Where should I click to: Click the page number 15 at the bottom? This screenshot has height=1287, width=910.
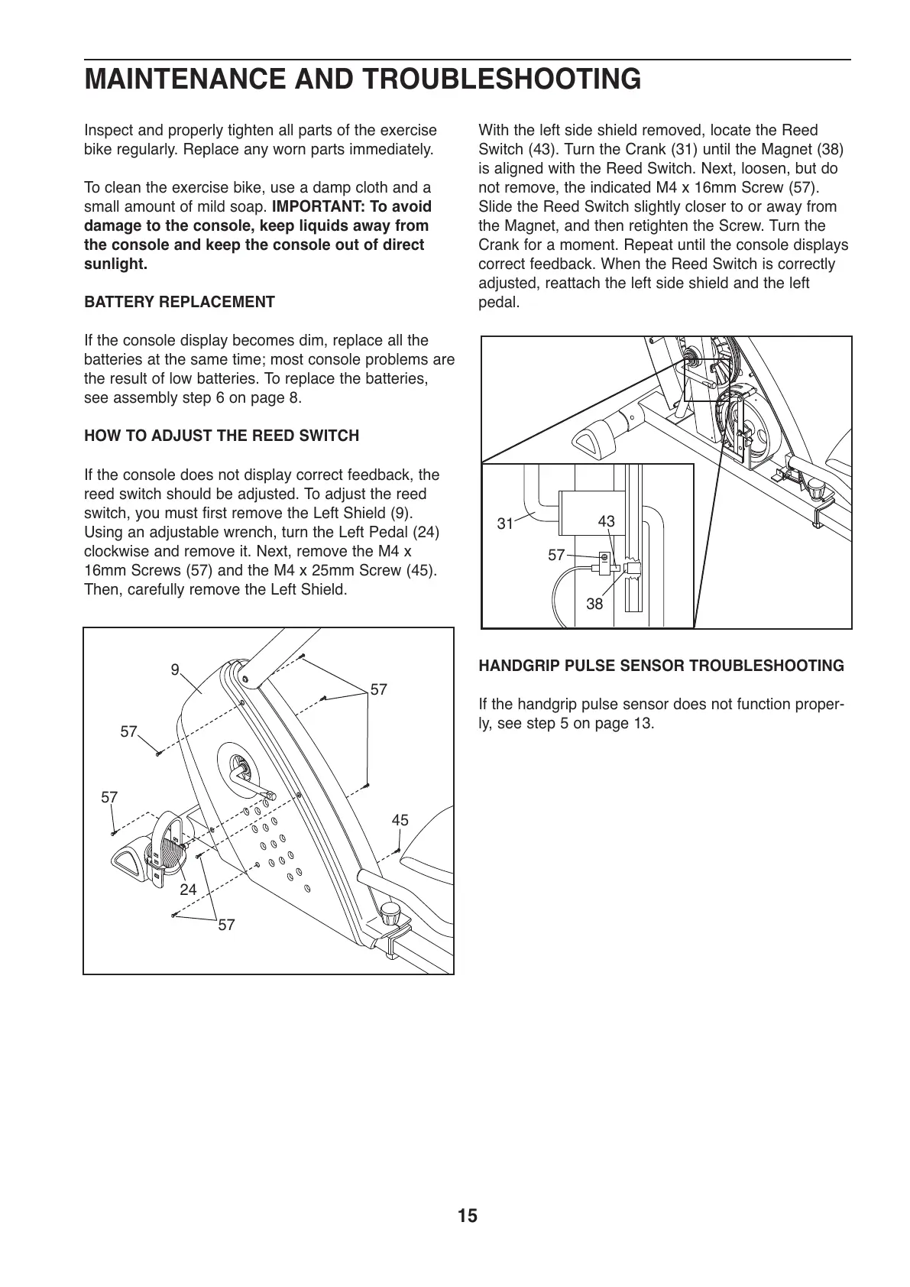coord(468,1216)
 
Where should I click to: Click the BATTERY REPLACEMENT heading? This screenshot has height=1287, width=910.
coord(179,302)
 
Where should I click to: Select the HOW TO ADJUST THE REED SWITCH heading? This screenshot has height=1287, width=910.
coord(221,436)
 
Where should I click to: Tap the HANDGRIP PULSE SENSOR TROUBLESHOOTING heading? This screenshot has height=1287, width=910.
coord(661,666)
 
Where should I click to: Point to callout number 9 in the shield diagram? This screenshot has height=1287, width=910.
coord(175,670)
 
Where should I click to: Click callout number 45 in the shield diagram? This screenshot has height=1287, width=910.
coord(400,820)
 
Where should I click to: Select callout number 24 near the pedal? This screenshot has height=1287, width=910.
coord(188,890)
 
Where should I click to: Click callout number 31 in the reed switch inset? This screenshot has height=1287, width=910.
coord(505,524)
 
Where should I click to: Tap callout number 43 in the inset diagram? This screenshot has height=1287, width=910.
coord(606,521)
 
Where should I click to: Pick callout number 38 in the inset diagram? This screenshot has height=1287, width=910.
coord(594,604)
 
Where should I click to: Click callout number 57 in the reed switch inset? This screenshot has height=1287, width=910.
coord(556,556)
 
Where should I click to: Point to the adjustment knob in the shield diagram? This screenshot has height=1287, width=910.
coord(392,913)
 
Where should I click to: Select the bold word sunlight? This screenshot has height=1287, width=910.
coord(115,264)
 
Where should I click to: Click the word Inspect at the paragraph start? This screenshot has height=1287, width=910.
coord(108,131)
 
